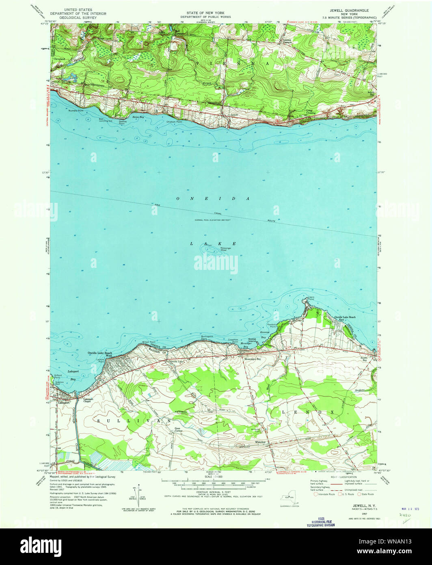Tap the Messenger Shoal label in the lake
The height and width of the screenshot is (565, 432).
coord(226,249)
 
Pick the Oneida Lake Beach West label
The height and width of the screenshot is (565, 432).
coord(99,354)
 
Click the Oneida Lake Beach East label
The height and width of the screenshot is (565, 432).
coord(345,318)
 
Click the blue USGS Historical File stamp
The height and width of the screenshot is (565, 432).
coord(321,522)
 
